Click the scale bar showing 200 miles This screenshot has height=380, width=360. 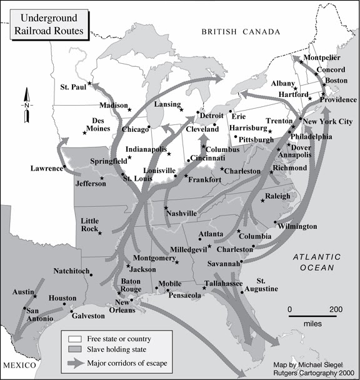312,316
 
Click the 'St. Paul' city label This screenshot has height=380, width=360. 72,87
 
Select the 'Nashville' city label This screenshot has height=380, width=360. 180,213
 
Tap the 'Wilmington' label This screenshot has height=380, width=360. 297,226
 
